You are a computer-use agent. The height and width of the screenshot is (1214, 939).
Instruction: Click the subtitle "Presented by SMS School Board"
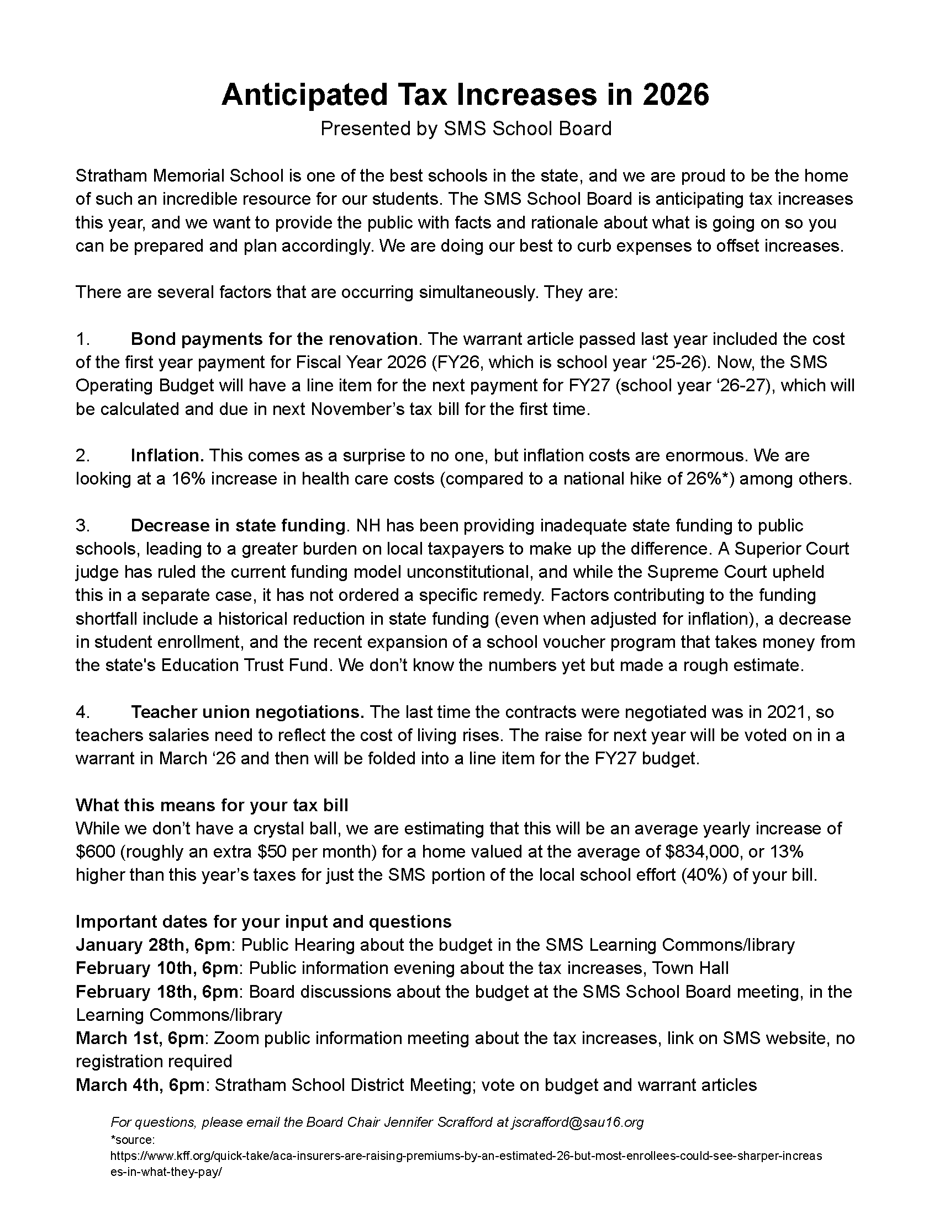(466, 129)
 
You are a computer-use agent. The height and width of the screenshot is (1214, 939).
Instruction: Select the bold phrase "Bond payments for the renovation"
(273, 339)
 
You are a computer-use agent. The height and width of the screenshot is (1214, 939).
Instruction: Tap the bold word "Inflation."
(167, 456)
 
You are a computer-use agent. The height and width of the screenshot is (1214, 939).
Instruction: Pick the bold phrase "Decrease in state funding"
(239, 525)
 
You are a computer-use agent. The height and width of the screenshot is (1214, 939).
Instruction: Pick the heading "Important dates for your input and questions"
(263, 922)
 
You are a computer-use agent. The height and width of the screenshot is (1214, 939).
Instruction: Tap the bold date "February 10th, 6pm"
(158, 969)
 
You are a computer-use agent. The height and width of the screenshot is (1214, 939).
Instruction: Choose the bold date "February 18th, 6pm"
(158, 992)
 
